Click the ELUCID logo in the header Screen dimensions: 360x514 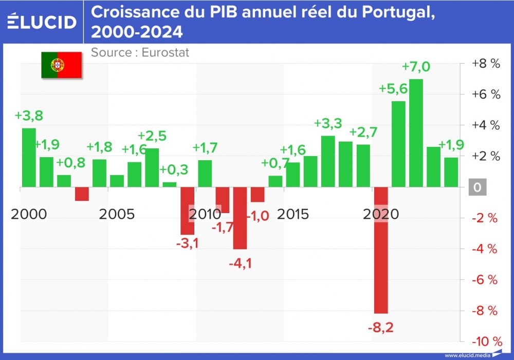click(x=41, y=22)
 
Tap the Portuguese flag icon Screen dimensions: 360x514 click(x=62, y=65)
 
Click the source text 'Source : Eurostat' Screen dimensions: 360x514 click(x=140, y=52)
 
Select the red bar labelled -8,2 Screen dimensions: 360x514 click(x=381, y=250)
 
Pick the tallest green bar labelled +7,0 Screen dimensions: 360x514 click(x=416, y=133)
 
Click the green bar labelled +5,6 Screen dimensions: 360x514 click(x=398, y=144)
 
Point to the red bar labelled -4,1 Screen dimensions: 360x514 click(x=240, y=218)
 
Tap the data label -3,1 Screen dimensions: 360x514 click(x=187, y=243)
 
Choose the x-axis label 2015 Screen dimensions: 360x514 click(x=293, y=214)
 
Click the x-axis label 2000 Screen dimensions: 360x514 click(x=28, y=214)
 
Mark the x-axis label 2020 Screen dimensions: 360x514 click(x=381, y=214)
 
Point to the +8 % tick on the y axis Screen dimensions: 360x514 click(x=486, y=64)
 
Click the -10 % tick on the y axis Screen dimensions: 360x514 click(x=486, y=342)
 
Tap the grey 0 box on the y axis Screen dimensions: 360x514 click(x=478, y=187)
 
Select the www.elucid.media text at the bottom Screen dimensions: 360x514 click(x=465, y=355)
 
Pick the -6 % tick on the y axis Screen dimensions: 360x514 click(x=486, y=280)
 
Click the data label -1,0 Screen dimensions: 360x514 click(x=258, y=216)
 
